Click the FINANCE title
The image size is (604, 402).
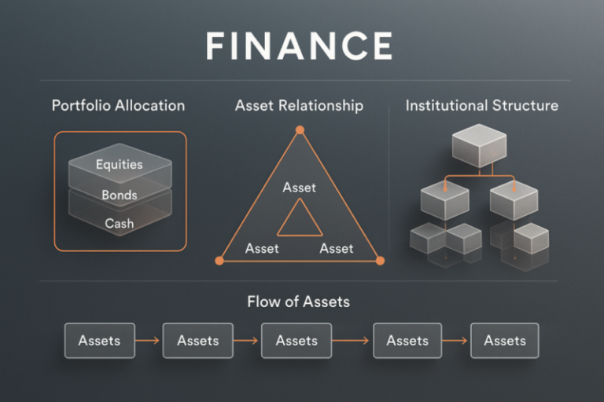(x=299, y=46)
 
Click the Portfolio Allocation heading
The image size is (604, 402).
(x=119, y=105)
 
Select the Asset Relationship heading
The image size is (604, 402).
(x=299, y=105)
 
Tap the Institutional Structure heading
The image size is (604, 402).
(x=482, y=105)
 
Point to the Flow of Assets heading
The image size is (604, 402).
(x=298, y=301)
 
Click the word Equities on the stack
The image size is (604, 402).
(x=119, y=165)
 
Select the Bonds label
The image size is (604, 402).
(x=119, y=195)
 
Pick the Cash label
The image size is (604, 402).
(x=119, y=224)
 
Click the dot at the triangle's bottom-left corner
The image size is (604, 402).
(x=219, y=260)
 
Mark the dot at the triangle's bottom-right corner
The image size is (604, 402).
(x=379, y=260)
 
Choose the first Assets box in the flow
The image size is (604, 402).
(x=99, y=341)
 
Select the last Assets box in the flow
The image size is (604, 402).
(x=504, y=341)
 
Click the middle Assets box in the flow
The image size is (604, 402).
(x=296, y=341)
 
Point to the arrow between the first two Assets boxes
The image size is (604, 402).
(x=149, y=341)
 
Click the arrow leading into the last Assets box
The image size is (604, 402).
(x=456, y=341)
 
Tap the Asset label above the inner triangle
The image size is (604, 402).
(x=299, y=188)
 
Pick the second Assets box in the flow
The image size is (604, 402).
(x=197, y=341)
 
